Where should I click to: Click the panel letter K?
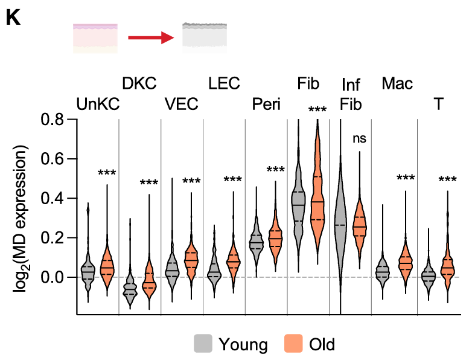pyautogui.click(x=13, y=18)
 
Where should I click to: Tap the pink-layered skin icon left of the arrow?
pyautogui.click(x=95, y=38)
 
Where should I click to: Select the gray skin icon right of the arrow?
pyautogui.click(x=205, y=37)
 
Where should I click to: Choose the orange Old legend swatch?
pyautogui.click(x=292, y=344)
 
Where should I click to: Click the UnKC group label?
pyautogui.click(x=98, y=104)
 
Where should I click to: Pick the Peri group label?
pyautogui.click(x=266, y=104)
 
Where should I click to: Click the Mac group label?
pyautogui.click(x=397, y=83)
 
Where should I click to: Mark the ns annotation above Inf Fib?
pyautogui.click(x=359, y=138)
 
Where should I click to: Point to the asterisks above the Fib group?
pyautogui.click(x=317, y=111)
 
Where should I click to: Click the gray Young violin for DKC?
pyautogui.click(x=130, y=287)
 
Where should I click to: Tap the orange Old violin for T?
pyautogui.click(x=447, y=266)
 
